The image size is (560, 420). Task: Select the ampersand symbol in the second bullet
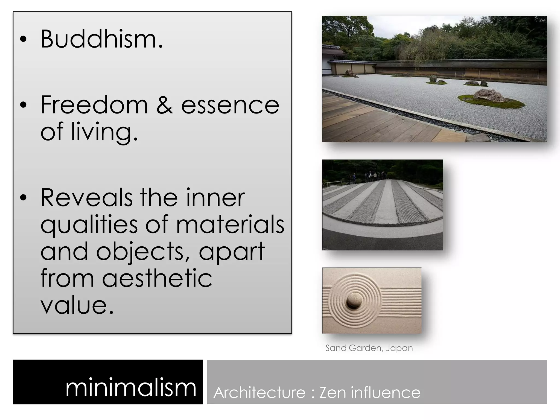tap(165, 105)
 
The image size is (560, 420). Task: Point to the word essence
tap(230, 106)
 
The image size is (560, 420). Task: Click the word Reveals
tap(86, 197)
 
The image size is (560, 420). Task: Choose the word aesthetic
tap(157, 278)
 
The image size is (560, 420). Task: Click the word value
tap(77, 305)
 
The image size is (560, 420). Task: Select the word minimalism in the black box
tap(131, 387)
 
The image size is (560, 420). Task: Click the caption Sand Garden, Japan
tap(369, 348)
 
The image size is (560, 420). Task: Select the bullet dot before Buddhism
tap(24, 39)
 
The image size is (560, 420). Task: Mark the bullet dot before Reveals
tap(24, 198)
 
